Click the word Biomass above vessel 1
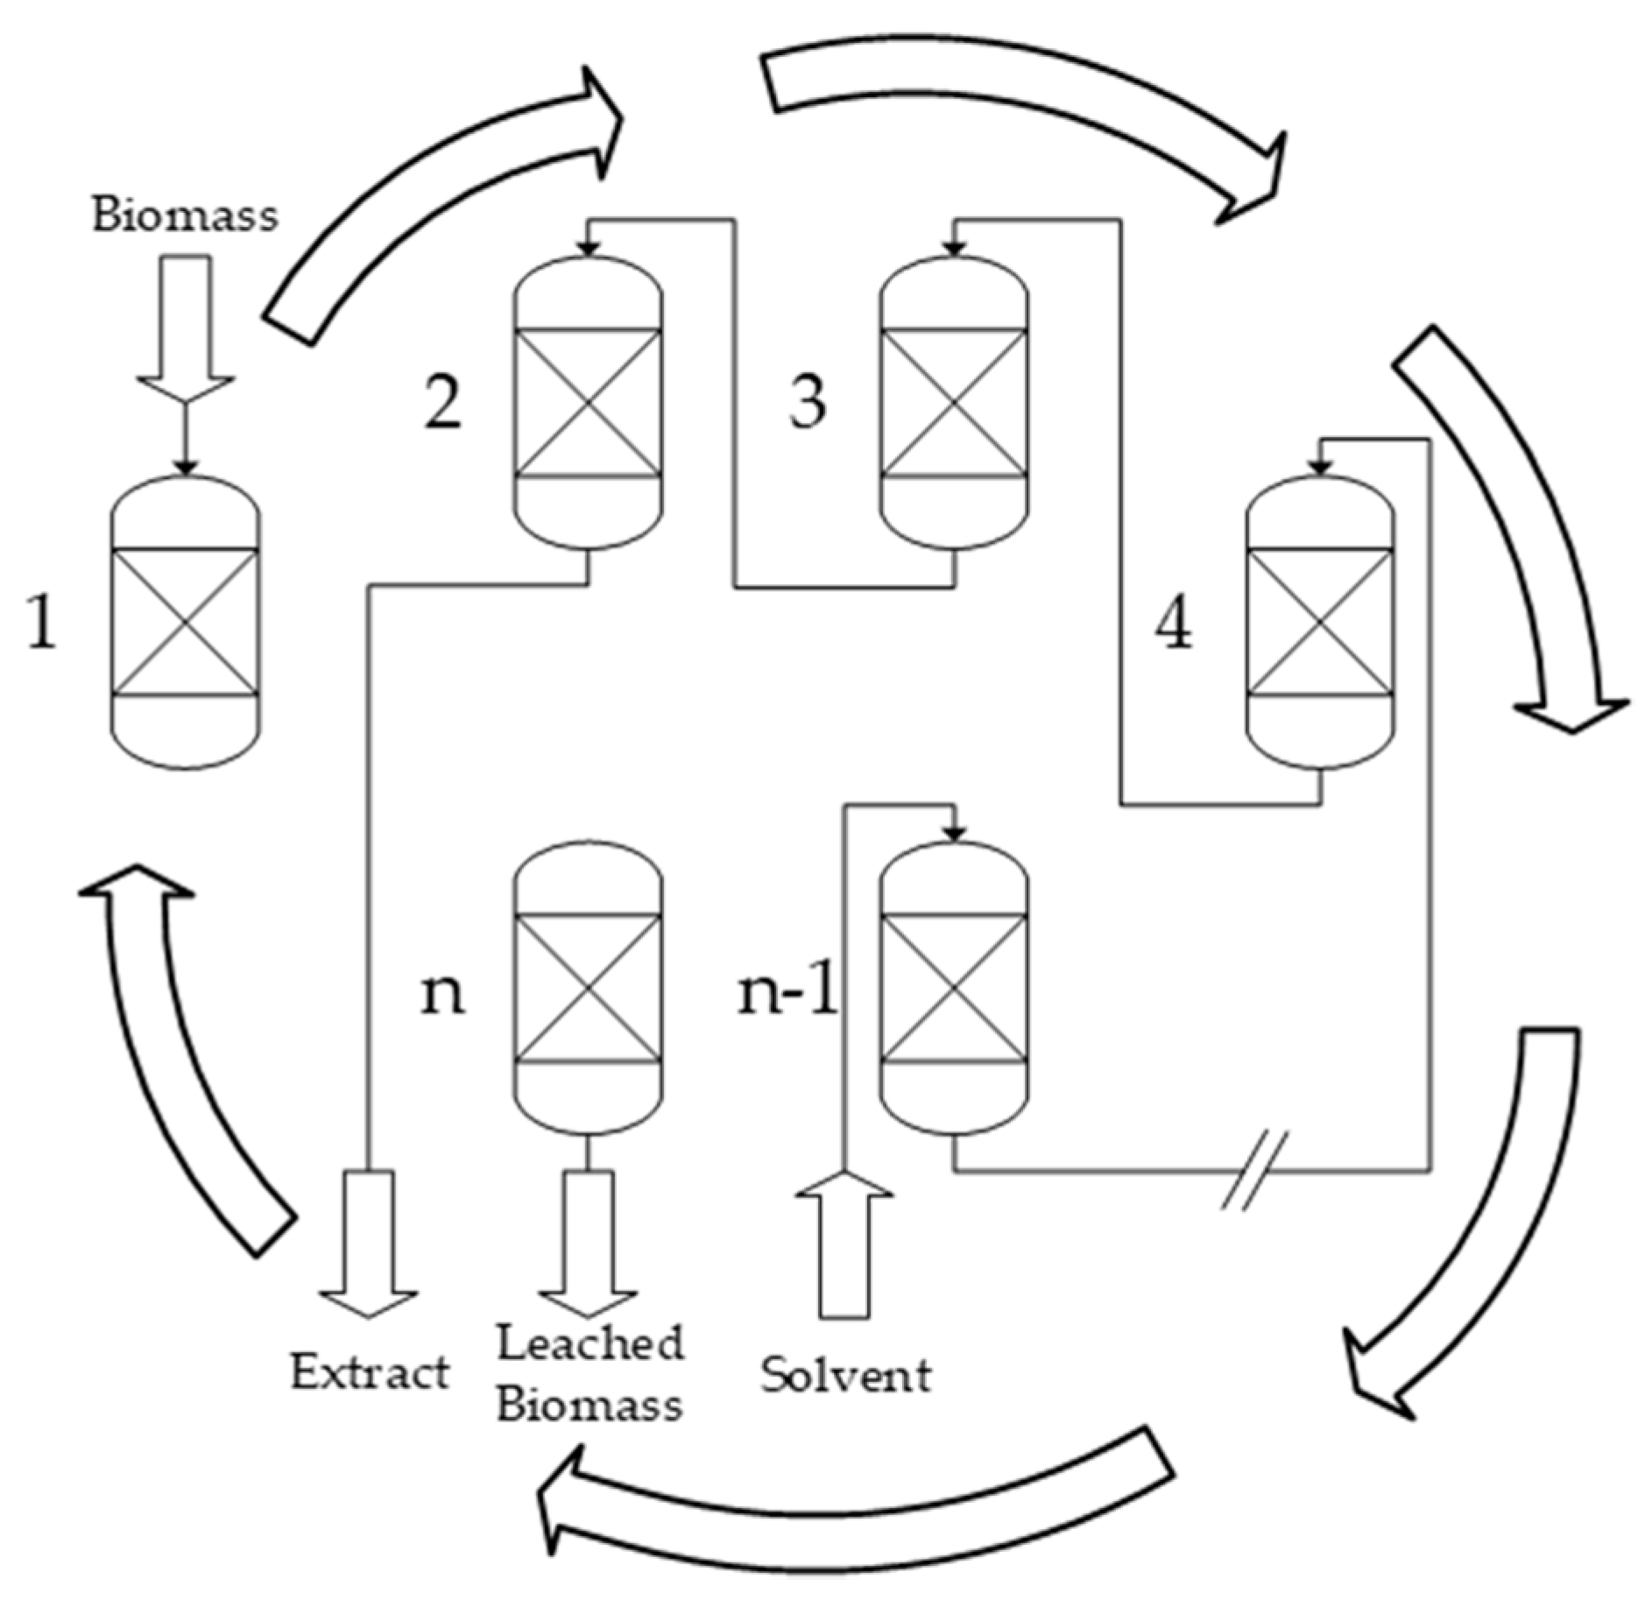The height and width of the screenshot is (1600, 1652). click(x=185, y=215)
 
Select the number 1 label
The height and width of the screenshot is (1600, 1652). click(x=42, y=623)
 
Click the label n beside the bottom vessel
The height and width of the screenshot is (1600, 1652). click(x=442, y=995)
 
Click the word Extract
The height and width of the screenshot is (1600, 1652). click(x=370, y=1372)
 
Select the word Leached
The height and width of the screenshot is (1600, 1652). click(x=590, y=1343)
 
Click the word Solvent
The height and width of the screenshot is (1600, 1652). click(x=845, y=1374)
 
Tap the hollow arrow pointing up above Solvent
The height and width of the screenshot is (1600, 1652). click(x=844, y=1244)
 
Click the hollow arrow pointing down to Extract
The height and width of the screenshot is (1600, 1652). click(x=369, y=1244)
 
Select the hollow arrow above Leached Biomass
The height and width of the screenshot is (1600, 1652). click(x=588, y=1244)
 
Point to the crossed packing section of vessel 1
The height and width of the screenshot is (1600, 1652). click(x=186, y=623)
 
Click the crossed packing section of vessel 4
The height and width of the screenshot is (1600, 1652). click(x=1320, y=623)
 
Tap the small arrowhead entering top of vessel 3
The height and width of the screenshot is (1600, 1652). click(x=955, y=249)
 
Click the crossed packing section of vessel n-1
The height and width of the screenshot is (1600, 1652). click(x=954, y=988)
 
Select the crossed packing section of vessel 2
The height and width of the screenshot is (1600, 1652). click(x=588, y=403)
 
